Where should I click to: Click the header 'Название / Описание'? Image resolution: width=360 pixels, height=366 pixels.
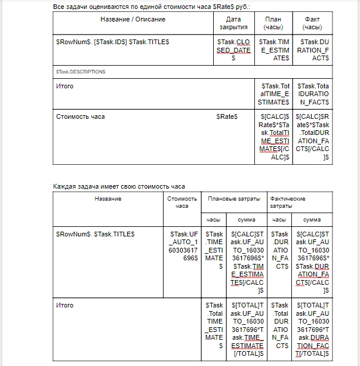[x=133, y=19]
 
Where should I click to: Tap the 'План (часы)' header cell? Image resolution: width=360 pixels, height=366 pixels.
[x=273, y=23]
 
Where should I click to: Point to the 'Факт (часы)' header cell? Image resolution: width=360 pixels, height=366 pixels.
[x=312, y=23]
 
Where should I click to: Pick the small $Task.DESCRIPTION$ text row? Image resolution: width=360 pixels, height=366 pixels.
[x=81, y=72]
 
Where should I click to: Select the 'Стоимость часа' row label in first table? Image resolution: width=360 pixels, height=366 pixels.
[x=80, y=116]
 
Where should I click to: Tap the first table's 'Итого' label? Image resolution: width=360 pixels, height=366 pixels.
[x=64, y=86]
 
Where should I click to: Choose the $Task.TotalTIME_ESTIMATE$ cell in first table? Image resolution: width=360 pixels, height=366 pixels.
[x=273, y=94]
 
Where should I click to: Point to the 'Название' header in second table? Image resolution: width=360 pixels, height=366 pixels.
[x=107, y=199]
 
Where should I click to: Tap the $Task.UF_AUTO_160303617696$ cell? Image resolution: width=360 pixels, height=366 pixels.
[x=184, y=250]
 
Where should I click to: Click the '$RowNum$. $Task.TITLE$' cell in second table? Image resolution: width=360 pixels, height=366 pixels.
[x=95, y=234]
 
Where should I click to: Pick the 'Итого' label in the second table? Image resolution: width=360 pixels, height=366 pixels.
[x=64, y=305]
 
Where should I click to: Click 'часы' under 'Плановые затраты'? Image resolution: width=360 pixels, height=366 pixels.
[x=214, y=220]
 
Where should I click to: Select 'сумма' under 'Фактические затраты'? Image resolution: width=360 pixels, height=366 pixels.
[x=312, y=220]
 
